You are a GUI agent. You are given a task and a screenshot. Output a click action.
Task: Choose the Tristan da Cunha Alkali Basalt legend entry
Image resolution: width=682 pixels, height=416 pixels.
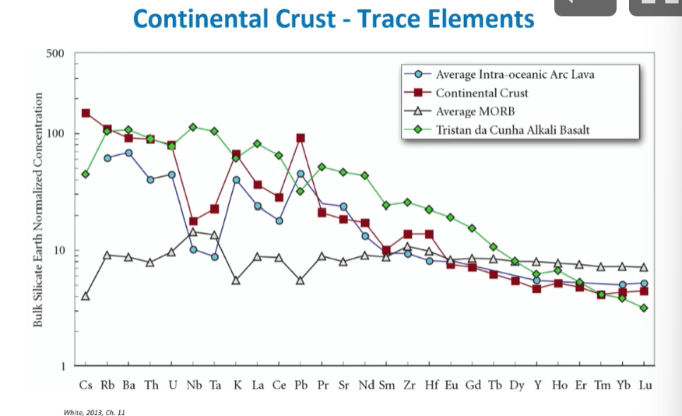point(512,129)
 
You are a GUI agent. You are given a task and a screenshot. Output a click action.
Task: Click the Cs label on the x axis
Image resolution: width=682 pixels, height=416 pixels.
point(86,385)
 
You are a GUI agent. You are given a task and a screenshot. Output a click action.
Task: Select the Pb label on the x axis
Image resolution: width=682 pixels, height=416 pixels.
point(301,385)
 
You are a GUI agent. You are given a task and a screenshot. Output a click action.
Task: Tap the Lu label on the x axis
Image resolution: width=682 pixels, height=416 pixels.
point(645,385)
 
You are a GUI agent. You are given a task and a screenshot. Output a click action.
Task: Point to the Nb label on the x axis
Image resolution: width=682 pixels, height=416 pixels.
point(193,385)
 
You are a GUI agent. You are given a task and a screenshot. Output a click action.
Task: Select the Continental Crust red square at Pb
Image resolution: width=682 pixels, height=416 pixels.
point(301,138)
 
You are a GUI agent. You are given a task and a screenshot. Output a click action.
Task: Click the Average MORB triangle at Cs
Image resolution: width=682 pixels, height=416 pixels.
point(86,296)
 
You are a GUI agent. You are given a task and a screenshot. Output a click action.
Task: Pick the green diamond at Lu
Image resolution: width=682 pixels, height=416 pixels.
point(644,308)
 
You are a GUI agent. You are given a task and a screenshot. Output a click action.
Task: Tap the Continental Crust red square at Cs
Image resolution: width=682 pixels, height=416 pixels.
point(86,113)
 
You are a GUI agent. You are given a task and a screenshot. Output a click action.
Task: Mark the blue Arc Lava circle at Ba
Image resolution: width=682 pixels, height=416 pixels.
point(128,153)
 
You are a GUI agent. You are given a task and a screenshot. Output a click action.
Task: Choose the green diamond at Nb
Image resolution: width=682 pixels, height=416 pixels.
point(193,127)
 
